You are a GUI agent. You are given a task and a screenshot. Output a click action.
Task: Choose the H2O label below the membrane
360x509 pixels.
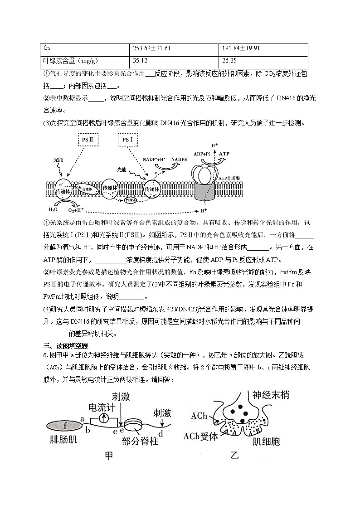point(54,210)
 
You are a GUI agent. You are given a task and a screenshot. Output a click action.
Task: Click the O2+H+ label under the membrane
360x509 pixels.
point(75,210)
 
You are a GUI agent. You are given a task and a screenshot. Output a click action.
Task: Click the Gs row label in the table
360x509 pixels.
point(47,48)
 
